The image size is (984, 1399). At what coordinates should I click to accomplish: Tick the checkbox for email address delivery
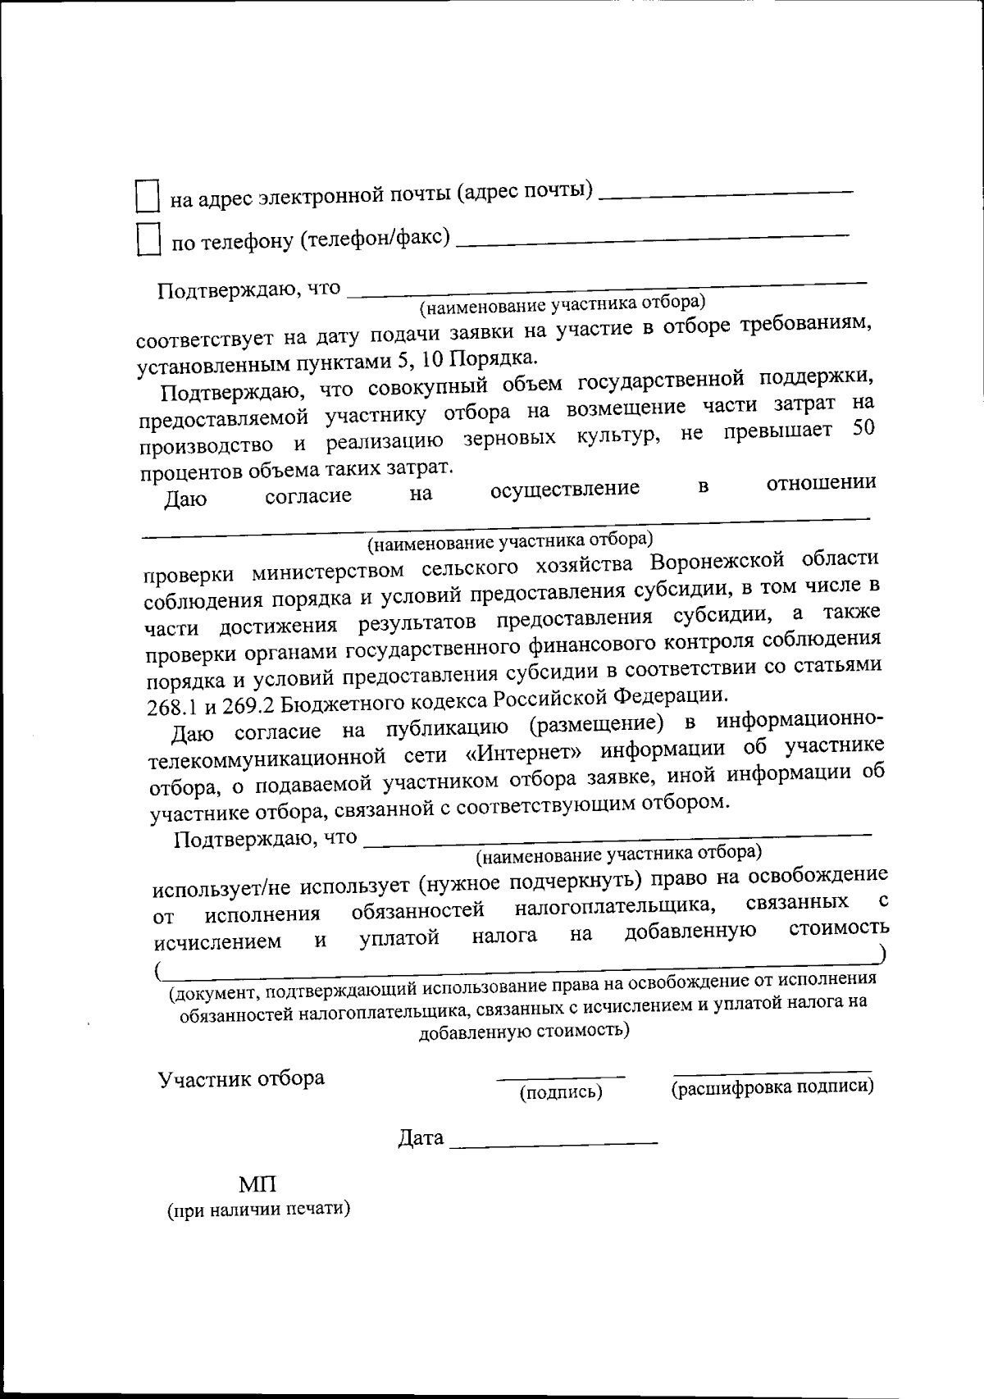click(146, 197)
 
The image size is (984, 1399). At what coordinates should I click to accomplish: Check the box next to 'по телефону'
click(148, 240)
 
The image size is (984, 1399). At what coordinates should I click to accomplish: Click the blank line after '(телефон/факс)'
click(652, 238)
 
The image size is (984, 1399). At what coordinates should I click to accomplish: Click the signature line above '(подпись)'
click(562, 1075)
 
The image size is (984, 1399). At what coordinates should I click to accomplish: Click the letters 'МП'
click(257, 1184)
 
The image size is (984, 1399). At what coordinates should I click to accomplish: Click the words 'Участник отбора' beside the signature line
click(241, 1078)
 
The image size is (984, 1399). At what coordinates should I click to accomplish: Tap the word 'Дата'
click(421, 1138)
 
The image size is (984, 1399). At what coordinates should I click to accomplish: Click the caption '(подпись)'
click(562, 1092)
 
